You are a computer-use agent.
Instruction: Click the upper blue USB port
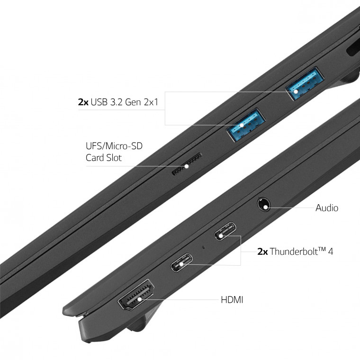coord(305,83)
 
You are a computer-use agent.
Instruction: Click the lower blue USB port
coord(246,125)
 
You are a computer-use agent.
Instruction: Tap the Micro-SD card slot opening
coord(187,164)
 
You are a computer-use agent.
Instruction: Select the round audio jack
coord(263,204)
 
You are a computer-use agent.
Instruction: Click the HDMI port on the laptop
coord(136,295)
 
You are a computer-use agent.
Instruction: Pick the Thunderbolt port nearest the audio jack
coord(225,231)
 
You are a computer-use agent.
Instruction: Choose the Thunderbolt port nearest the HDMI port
coord(181,262)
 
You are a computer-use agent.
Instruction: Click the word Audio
coord(327,208)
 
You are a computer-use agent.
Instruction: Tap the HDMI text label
coord(232,300)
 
